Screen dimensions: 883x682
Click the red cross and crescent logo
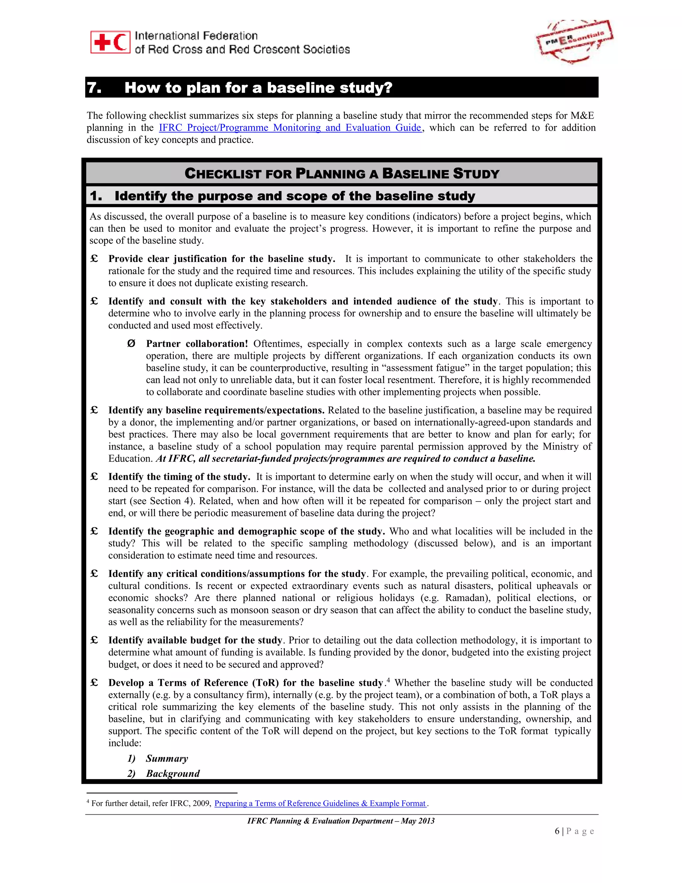tap(110, 42)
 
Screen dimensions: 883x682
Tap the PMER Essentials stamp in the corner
tap(574, 42)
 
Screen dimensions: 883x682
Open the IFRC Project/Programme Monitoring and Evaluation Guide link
tap(290, 128)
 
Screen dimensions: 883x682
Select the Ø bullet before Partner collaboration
tap(131, 344)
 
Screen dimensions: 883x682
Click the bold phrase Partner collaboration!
tap(197, 344)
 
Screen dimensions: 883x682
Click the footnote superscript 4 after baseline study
tap(388, 680)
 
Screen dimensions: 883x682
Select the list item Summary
tap(167, 758)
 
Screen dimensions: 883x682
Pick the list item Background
tap(173, 773)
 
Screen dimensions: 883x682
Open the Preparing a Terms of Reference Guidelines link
tap(320, 803)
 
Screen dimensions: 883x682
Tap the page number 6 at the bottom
tap(557, 831)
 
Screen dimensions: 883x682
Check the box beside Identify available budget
tap(94, 640)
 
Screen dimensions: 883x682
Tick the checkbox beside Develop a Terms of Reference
tap(94, 682)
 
